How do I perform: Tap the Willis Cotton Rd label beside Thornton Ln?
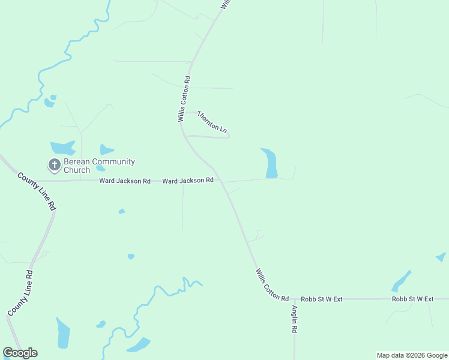[x=184, y=99]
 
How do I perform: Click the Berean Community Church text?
[x=99, y=166]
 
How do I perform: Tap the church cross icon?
[x=54, y=165]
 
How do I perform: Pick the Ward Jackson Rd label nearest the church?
[x=125, y=181]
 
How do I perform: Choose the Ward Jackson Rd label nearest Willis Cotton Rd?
[x=188, y=180]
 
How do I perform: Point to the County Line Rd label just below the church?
[x=37, y=191]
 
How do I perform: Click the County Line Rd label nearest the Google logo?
[x=20, y=293]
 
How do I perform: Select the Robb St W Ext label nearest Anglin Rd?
[x=322, y=298]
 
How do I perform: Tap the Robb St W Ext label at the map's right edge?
[x=412, y=298]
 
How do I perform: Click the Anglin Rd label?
[x=295, y=319]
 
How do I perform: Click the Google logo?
[x=20, y=353]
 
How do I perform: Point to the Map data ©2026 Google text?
[x=412, y=355]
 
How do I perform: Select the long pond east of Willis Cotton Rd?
[x=270, y=163]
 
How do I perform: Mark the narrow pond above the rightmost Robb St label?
[x=401, y=281]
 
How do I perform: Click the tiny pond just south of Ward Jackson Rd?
[x=122, y=211]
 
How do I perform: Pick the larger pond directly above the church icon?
[x=62, y=148]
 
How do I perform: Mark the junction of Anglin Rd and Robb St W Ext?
[x=294, y=298]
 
